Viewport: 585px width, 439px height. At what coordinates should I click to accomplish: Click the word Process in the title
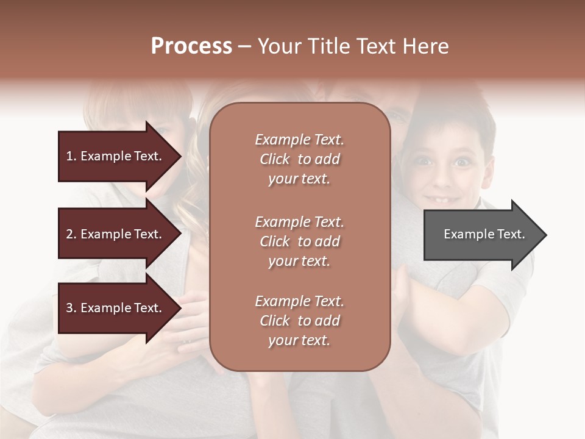[x=191, y=46]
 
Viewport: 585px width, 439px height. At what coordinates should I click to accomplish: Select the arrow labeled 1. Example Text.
[x=116, y=156]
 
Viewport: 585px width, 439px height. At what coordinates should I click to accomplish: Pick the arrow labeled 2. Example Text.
[x=116, y=234]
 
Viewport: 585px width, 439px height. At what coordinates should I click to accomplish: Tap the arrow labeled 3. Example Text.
[x=116, y=308]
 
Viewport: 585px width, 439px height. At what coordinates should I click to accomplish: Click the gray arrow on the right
[x=481, y=234]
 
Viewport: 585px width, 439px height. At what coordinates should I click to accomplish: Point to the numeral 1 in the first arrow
[x=69, y=156]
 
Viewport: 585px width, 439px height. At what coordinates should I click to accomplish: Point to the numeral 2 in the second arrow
[x=69, y=234]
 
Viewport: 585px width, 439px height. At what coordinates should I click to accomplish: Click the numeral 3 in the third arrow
[x=69, y=308]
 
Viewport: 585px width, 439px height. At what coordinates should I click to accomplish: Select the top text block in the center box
[x=299, y=159]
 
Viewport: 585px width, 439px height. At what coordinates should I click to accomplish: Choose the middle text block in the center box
[x=299, y=241]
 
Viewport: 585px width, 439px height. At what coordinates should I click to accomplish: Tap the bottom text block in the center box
[x=299, y=321]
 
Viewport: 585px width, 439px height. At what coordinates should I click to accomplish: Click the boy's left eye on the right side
[x=424, y=162]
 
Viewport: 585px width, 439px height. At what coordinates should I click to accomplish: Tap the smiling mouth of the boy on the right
[x=443, y=199]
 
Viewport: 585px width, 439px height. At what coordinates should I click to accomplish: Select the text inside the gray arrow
[x=484, y=234]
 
